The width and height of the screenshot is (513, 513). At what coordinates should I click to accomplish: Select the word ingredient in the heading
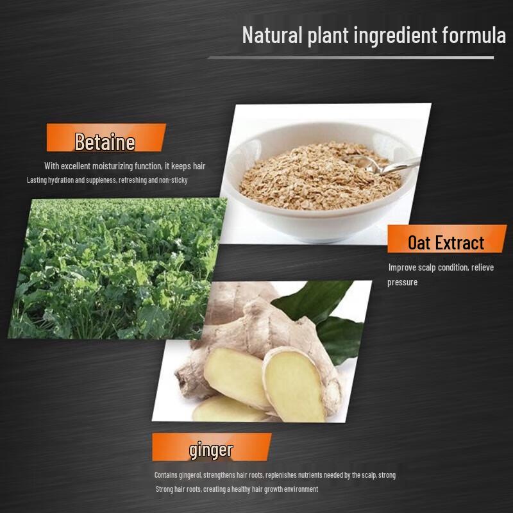coord(394,36)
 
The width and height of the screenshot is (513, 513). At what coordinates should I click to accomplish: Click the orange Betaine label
coord(105,141)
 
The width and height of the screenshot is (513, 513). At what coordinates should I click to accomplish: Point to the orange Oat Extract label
coord(446,242)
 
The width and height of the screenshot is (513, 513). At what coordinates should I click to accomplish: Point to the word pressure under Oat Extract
coord(402,282)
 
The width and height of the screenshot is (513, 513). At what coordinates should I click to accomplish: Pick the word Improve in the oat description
coord(401,267)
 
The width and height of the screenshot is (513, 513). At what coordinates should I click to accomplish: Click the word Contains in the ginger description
coord(167,475)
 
